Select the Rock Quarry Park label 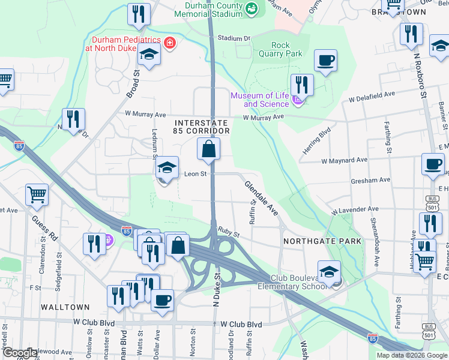280,49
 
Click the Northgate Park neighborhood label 323,241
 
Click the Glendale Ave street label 262,197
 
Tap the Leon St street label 195,174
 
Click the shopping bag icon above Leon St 208,150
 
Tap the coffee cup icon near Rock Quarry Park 325,61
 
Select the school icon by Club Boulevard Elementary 329,272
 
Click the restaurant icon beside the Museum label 301,85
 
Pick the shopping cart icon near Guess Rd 37,194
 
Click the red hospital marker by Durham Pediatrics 170,43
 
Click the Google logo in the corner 20,353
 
